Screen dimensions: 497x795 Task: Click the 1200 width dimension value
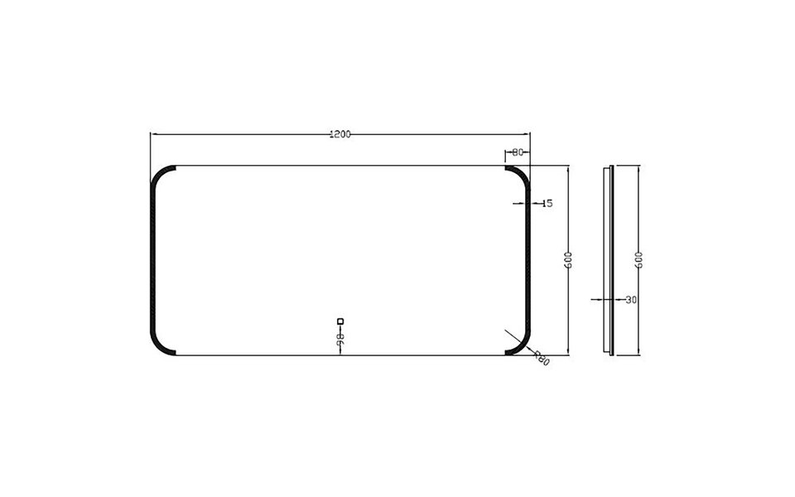[x=340, y=134]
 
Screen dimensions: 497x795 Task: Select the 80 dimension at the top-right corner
[x=517, y=152]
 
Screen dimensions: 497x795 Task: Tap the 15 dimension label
[x=547, y=203]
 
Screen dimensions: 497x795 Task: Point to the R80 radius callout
[x=542, y=357]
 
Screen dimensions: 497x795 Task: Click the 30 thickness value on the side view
[x=632, y=300]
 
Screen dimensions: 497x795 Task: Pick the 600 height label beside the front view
[x=569, y=260]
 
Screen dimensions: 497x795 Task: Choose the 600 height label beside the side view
[x=639, y=260]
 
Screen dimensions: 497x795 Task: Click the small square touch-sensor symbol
[x=340, y=321]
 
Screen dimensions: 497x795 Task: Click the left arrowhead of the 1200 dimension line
[x=153, y=134]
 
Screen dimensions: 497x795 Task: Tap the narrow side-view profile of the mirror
[x=611, y=260]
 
